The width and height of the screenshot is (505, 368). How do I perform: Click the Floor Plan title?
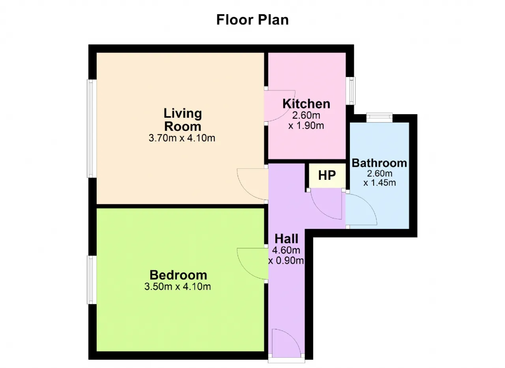[252, 20]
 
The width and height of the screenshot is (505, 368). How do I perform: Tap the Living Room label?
[183, 120]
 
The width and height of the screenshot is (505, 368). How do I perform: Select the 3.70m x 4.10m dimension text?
[182, 138]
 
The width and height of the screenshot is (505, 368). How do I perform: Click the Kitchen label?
[307, 104]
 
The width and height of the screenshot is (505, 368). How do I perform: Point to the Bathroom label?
[380, 163]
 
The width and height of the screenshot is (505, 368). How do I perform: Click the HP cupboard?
[327, 175]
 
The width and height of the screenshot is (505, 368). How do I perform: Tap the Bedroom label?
[178, 275]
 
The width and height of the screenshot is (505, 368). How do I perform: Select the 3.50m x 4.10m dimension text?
[178, 287]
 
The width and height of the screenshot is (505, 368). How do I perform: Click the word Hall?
[286, 239]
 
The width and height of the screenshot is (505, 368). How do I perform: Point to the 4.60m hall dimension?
[286, 250]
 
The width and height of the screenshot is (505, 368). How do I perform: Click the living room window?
[92, 128]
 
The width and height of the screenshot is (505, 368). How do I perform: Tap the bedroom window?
[92, 280]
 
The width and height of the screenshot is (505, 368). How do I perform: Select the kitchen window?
[351, 91]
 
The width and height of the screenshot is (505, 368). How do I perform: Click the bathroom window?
[380, 118]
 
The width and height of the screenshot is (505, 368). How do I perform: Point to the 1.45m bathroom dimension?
[380, 183]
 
